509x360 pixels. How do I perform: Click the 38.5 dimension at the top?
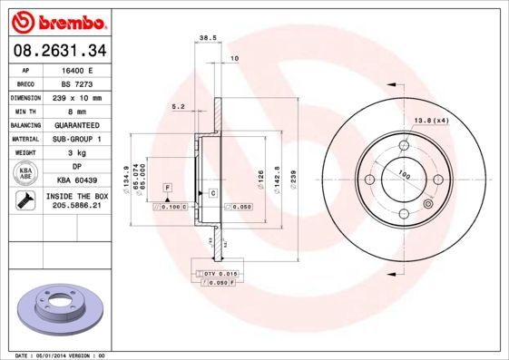[205, 38]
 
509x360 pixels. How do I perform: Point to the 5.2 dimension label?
[178, 107]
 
